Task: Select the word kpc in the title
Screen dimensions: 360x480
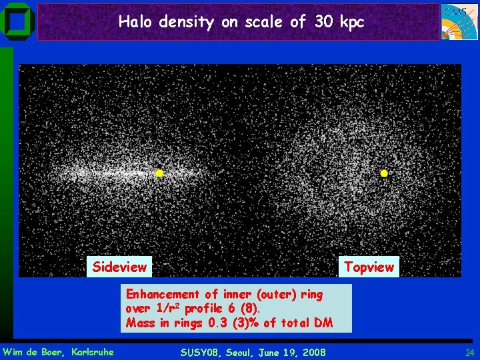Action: point(351,23)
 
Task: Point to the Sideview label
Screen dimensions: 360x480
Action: point(119,267)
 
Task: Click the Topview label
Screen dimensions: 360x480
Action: point(369,267)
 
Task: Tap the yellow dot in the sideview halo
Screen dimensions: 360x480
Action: point(159,173)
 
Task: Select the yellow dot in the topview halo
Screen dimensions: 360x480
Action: point(384,173)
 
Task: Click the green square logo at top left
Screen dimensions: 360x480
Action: point(18,21)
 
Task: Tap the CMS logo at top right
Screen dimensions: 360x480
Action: point(459,21)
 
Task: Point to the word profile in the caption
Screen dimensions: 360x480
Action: point(205,309)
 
